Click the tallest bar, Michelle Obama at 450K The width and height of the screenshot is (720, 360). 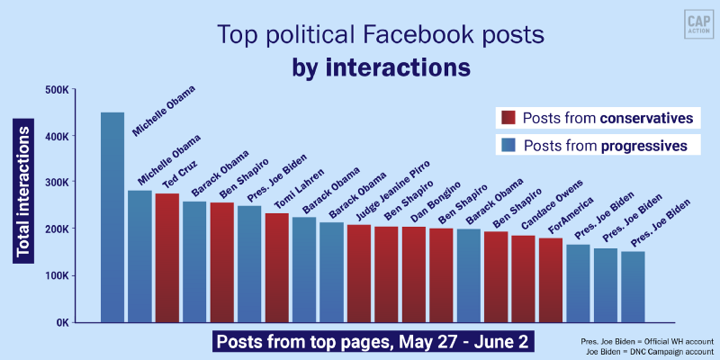pos(112,216)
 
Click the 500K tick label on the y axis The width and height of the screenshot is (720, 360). pos(57,90)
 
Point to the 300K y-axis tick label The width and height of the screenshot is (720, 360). pos(57,183)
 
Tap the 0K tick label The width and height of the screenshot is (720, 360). pos(60,322)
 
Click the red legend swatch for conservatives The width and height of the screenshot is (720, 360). pos(507,118)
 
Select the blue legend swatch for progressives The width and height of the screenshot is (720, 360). pos(507,145)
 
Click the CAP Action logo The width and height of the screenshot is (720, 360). pos(692,24)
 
